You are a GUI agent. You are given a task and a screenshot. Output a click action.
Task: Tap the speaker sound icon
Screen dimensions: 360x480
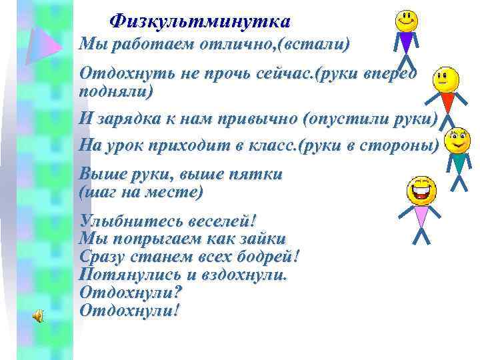[x=39, y=316]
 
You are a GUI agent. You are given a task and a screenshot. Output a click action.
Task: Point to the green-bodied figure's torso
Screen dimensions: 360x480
[x=458, y=162]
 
